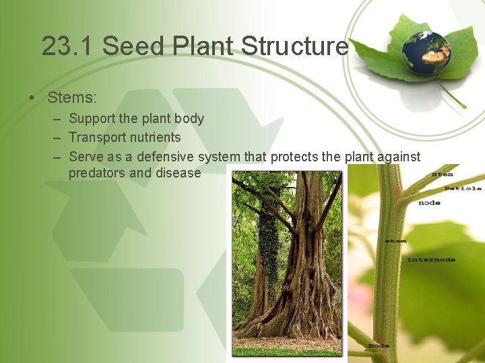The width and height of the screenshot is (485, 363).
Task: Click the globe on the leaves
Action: point(426,52)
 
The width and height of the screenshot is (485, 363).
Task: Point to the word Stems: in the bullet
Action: point(72,97)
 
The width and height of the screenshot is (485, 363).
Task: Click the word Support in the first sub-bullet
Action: point(92,119)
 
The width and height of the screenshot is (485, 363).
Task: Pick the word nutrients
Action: point(156,138)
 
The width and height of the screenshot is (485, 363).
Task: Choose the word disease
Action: point(178,173)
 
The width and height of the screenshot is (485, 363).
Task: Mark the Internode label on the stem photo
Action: point(431,259)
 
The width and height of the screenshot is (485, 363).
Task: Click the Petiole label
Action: point(463,188)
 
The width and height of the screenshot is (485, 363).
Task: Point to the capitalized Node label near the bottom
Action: point(379,346)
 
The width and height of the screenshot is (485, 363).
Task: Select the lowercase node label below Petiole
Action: point(429,202)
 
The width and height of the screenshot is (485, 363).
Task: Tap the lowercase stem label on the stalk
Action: point(395,240)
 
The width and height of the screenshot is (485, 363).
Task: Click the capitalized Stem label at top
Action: point(442,175)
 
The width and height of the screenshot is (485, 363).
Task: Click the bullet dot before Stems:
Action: point(32,98)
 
